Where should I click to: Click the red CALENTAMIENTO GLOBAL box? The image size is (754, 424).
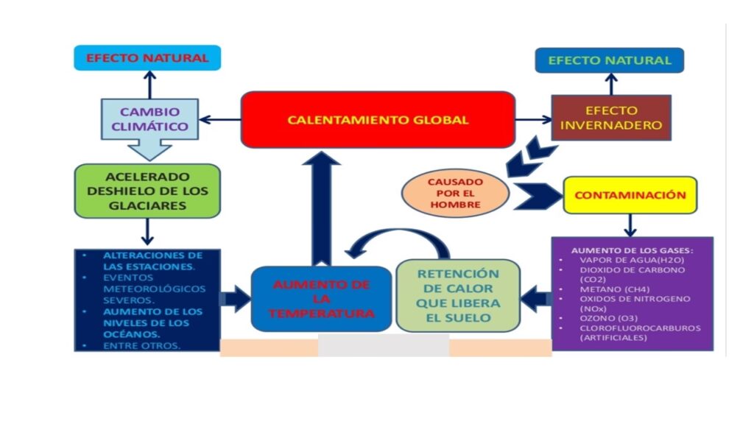(x=377, y=119)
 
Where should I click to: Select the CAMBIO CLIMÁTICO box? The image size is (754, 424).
(x=149, y=119)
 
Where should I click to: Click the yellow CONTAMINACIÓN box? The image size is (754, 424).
(x=630, y=195)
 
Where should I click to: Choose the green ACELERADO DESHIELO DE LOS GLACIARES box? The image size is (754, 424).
(x=147, y=191)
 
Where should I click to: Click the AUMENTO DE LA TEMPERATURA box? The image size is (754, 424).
(x=321, y=299)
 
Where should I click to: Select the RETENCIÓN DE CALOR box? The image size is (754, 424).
(x=457, y=295)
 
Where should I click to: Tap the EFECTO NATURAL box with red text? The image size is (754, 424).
(x=147, y=57)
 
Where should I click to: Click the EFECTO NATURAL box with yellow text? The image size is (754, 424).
(x=609, y=60)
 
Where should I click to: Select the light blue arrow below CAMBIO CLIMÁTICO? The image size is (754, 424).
(x=149, y=149)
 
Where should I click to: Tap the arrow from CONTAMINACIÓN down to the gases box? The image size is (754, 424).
(x=630, y=225)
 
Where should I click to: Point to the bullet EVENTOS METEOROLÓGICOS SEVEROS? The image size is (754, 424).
(x=144, y=289)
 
